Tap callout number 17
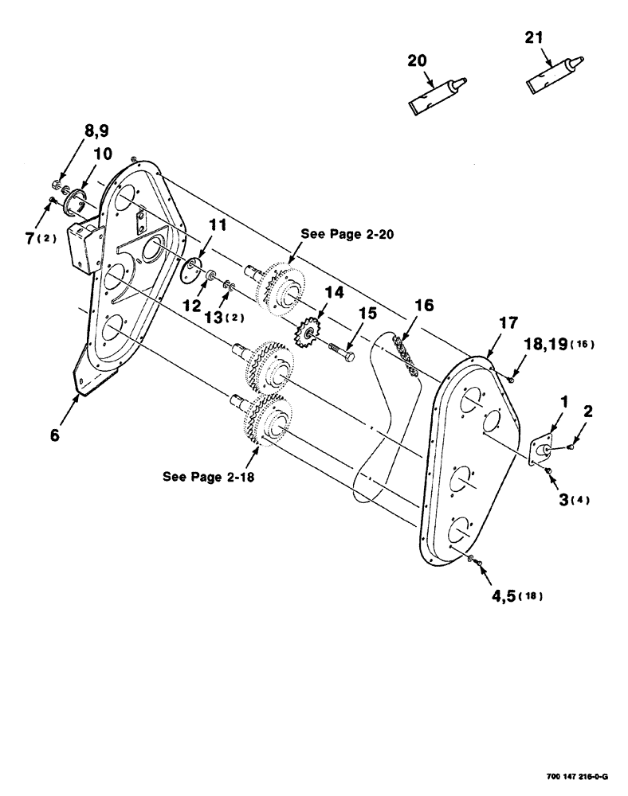508,323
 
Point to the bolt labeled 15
343,352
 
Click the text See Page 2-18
209,478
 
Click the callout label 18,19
556,343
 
